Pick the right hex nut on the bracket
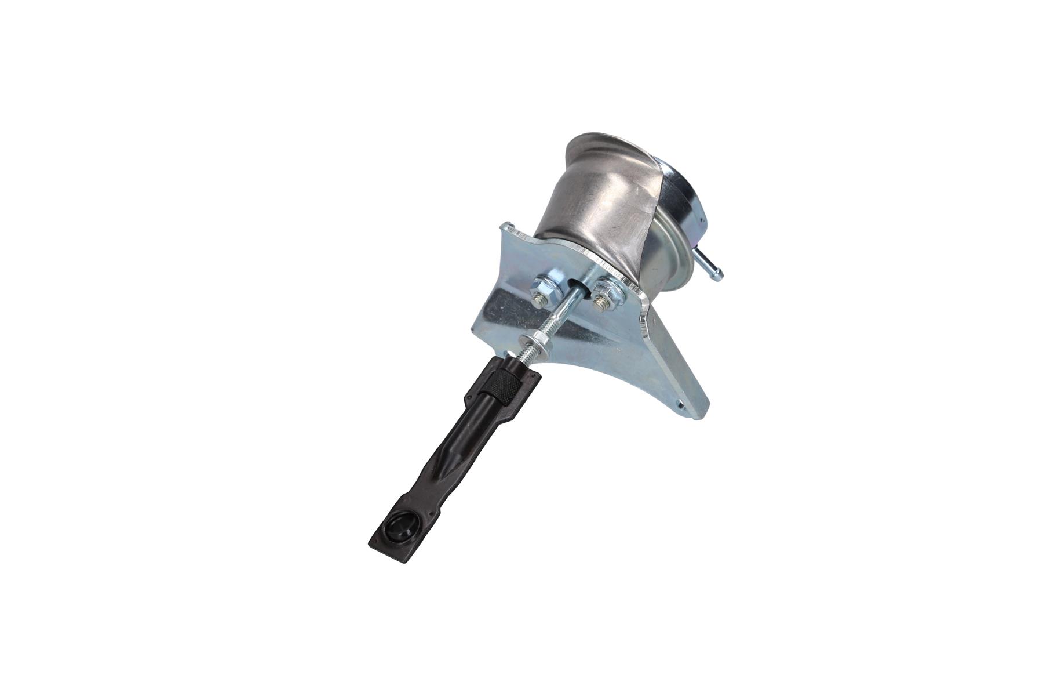[x=606, y=288]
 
